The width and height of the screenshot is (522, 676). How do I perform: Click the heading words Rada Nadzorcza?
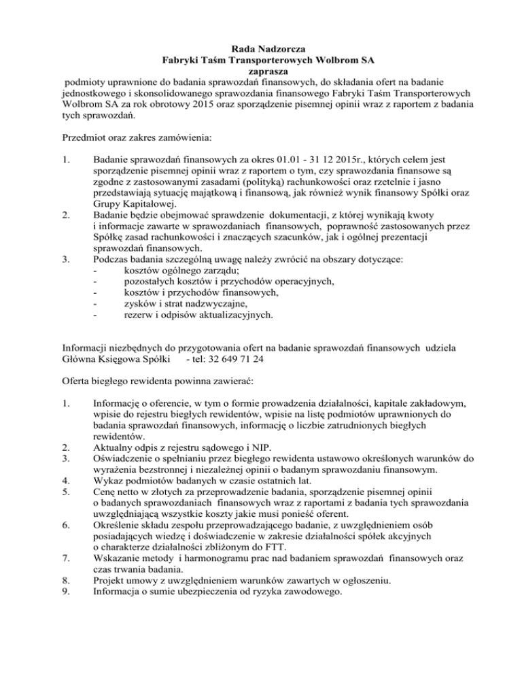[x=262, y=49]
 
